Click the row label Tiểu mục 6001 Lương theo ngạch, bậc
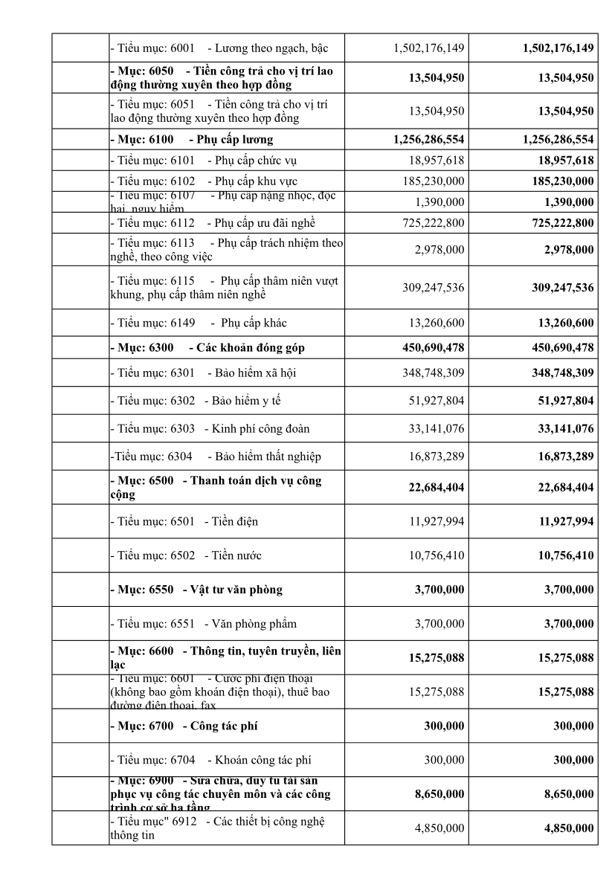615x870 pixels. click(x=219, y=48)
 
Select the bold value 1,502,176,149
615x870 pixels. click(x=558, y=48)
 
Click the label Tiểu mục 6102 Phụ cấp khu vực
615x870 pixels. click(x=204, y=181)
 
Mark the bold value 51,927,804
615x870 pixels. click(x=563, y=401)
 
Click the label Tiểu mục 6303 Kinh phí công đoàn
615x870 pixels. click(x=210, y=428)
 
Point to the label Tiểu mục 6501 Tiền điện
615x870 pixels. click(x=184, y=521)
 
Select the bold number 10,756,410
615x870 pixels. click(x=563, y=555)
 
